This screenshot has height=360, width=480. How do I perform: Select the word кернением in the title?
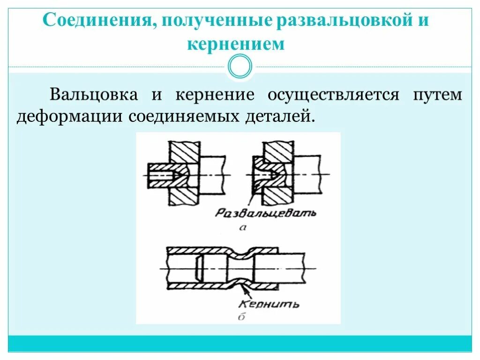[x=236, y=44]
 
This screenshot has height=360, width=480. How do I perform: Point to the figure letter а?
[x=242, y=228]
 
